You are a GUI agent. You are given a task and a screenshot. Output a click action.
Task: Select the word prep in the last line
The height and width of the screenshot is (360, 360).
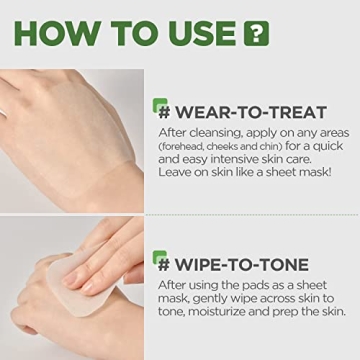pyautogui.click(x=287, y=312)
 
